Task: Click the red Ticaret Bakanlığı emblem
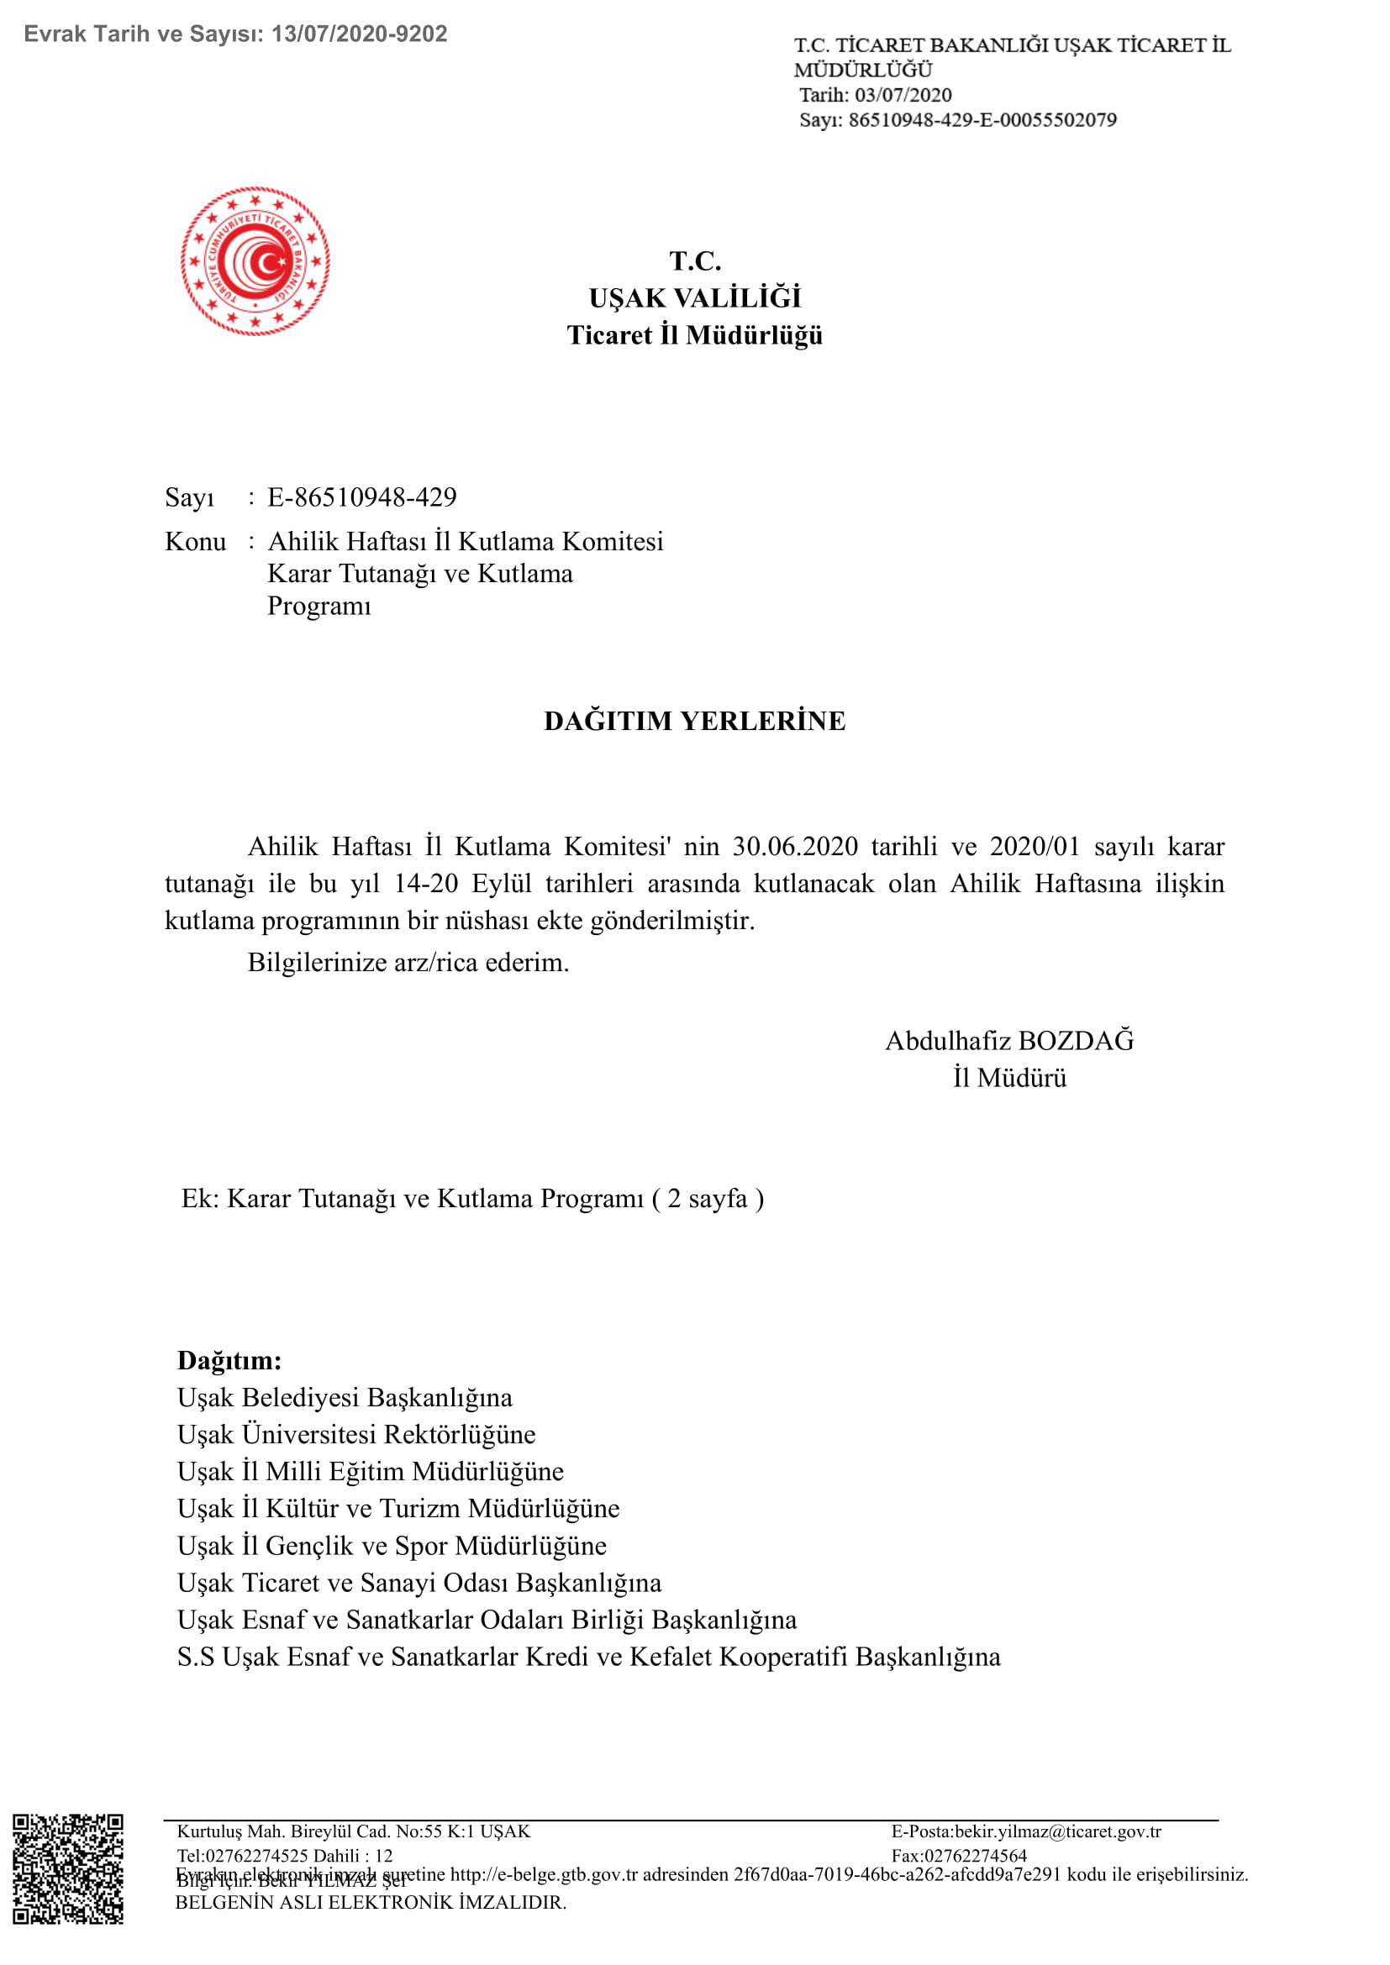point(255,261)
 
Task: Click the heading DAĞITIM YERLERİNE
point(694,721)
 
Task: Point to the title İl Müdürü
point(1010,1078)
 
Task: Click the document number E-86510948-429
point(362,497)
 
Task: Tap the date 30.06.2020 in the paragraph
point(794,847)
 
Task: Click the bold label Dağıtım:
point(229,1361)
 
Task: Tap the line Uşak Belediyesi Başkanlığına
point(345,1398)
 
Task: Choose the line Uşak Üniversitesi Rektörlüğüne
point(356,1434)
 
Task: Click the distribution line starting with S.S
point(588,1657)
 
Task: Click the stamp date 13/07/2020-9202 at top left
point(360,34)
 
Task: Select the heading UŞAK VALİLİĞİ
point(694,298)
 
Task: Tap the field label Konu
point(195,542)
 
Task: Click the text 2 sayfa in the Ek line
point(707,1199)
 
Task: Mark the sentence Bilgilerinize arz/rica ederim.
point(408,963)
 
